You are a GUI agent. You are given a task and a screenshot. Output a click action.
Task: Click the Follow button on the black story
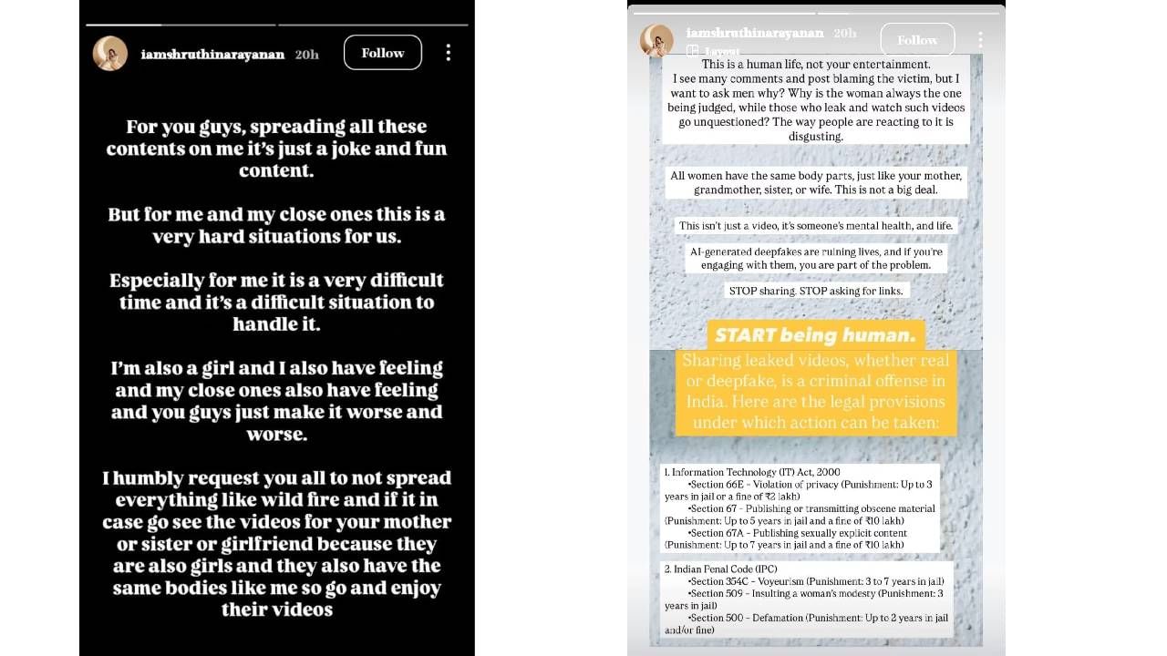(382, 53)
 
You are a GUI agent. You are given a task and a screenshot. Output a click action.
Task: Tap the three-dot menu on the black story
(448, 53)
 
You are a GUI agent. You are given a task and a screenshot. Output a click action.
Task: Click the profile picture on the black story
(110, 54)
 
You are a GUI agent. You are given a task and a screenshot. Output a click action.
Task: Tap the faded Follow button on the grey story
(916, 40)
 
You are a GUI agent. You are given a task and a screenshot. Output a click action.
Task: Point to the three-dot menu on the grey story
(980, 40)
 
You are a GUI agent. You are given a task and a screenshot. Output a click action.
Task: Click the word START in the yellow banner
(746, 334)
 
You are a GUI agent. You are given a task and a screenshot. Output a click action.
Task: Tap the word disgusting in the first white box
(816, 136)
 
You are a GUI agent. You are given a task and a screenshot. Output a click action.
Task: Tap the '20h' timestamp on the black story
(307, 54)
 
